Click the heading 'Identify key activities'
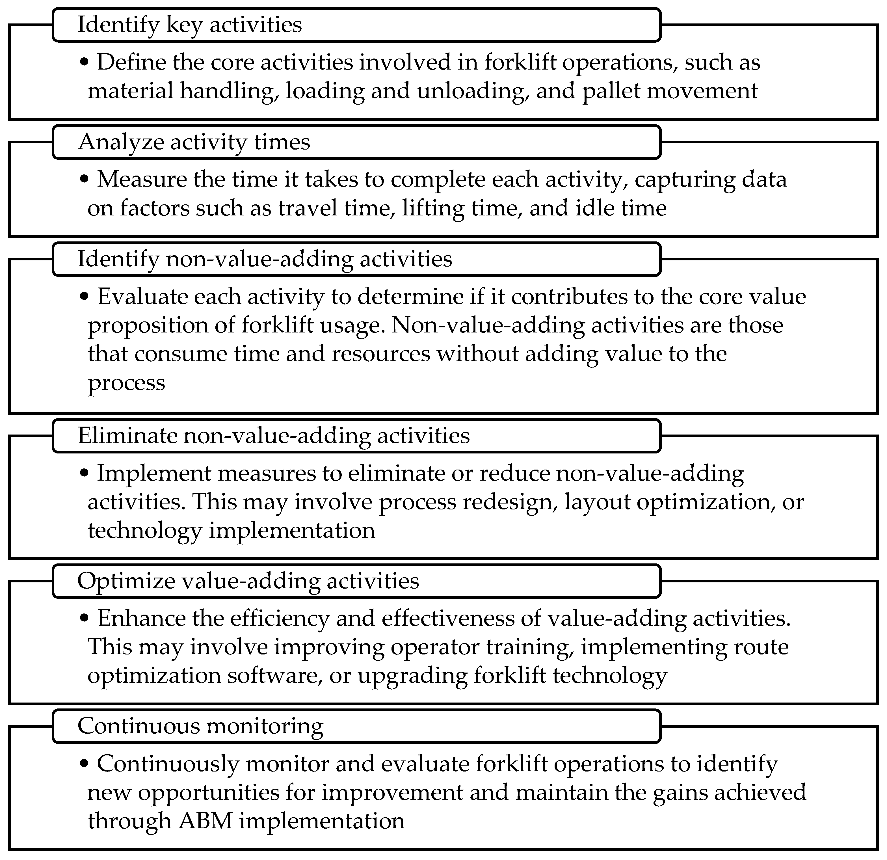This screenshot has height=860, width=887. tap(190, 25)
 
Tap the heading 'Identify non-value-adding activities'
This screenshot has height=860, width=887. tap(265, 259)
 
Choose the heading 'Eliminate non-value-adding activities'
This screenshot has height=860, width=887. tap(274, 436)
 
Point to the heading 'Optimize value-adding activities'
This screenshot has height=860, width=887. tap(248, 581)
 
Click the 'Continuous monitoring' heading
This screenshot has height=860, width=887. tap(200, 726)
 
